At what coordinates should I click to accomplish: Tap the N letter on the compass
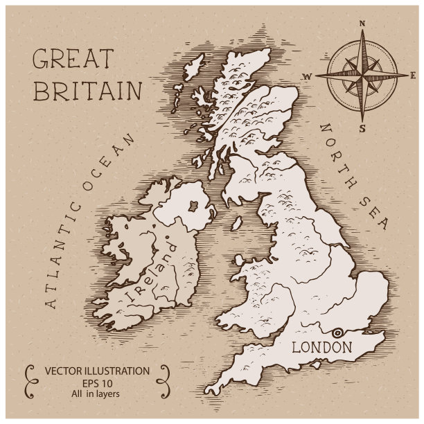point(362,23)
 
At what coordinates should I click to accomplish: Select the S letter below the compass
point(361,127)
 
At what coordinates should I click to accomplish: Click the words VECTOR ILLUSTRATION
point(97,371)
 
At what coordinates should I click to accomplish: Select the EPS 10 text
point(96,383)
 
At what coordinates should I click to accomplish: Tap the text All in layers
point(96,394)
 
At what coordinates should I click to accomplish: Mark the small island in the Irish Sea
point(237,223)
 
